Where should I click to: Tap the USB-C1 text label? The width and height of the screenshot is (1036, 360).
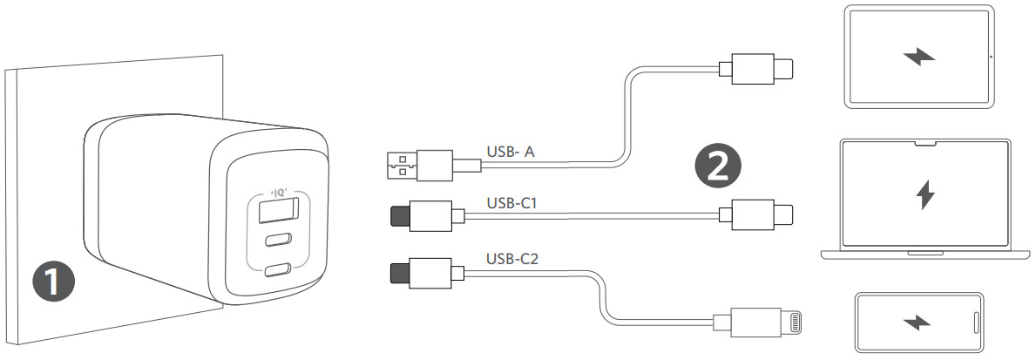[512, 202]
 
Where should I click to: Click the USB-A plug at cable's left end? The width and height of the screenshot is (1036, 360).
[403, 163]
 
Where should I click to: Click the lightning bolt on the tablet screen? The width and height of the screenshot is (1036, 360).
[919, 58]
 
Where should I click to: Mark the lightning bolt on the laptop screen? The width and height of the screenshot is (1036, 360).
[925, 195]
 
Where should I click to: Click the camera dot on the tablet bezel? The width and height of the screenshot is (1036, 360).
[991, 58]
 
